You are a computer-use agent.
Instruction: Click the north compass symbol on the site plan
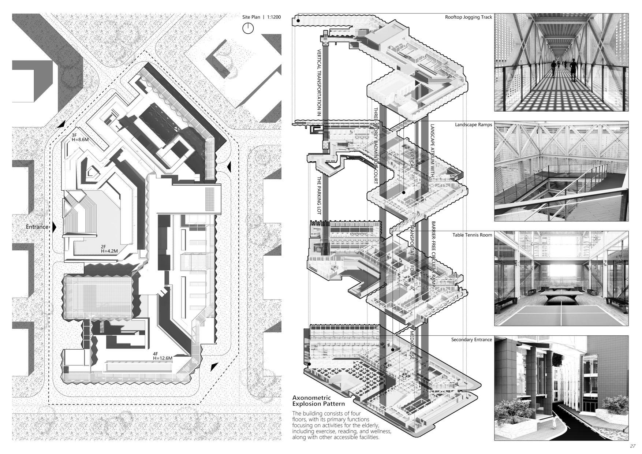248,28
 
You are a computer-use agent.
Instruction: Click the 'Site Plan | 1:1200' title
261,17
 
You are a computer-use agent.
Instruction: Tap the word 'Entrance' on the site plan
37,227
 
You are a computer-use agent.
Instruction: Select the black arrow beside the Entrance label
54,227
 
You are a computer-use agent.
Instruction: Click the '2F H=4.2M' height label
109,249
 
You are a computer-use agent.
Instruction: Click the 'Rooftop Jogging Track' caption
469,17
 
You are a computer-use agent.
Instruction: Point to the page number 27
633,446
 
